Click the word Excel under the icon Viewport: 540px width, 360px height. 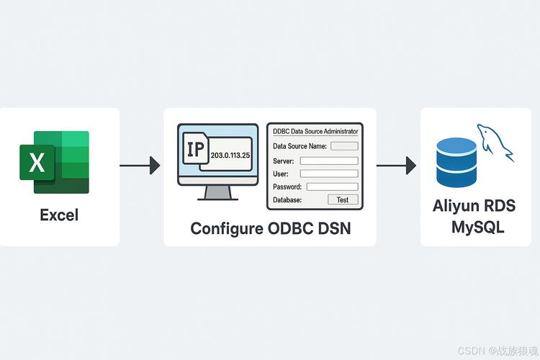click(59, 215)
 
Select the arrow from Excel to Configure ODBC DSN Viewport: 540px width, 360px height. click(140, 166)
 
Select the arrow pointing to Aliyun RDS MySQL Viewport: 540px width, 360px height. click(397, 166)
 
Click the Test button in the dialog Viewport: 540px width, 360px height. click(342, 199)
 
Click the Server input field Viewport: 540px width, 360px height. click(328, 161)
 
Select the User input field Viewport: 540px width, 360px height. click(328, 174)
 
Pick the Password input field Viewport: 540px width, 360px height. click(332, 186)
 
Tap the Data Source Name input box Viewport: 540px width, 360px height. click(344, 146)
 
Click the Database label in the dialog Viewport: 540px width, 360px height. click(288, 199)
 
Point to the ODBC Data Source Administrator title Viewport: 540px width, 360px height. click(315, 131)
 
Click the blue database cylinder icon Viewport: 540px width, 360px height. click(456, 162)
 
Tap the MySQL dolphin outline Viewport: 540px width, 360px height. click(495, 140)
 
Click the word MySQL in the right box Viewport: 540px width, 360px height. click(477, 228)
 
